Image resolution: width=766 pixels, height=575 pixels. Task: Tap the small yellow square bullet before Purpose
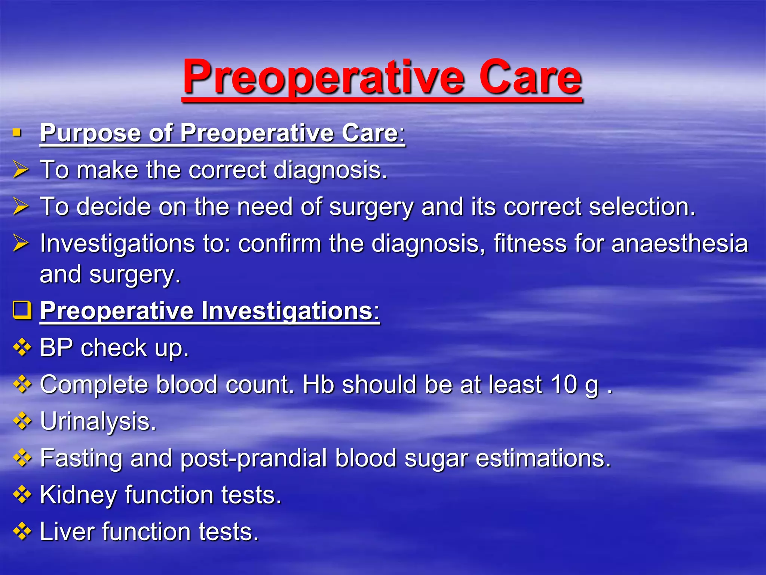coord(16,133)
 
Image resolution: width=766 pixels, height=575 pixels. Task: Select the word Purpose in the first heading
coord(90,133)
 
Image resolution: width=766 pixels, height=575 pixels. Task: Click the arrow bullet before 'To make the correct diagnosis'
coord(21,169)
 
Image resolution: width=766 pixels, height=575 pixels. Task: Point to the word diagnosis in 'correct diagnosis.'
coord(330,170)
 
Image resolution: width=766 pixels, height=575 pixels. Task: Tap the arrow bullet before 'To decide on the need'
coord(21,206)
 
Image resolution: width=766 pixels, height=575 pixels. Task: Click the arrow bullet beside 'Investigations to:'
coord(21,243)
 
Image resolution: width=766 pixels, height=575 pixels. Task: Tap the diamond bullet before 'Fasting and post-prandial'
coord(22,458)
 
